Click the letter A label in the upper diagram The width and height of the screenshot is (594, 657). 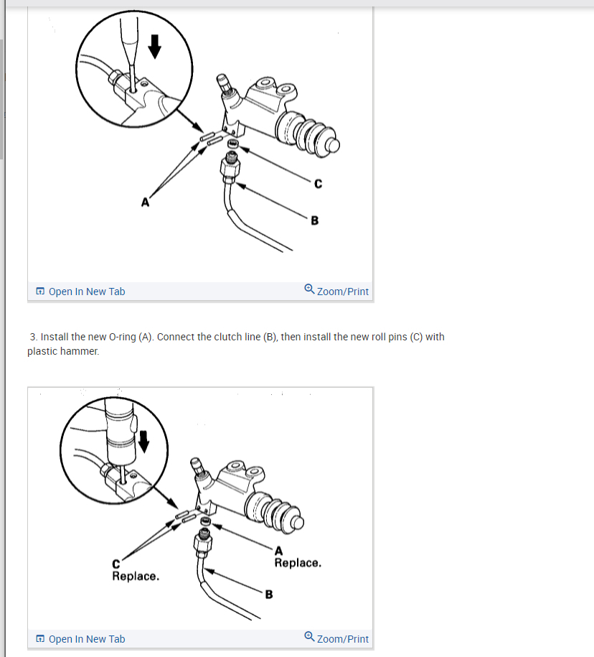click(145, 202)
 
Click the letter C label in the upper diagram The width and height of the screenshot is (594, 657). click(318, 184)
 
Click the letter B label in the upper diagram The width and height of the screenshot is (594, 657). click(315, 220)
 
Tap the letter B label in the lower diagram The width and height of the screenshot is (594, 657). click(269, 595)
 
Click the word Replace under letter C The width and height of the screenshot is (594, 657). click(136, 577)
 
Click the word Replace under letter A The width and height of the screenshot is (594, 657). click(298, 563)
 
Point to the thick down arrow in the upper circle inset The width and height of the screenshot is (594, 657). click(155, 47)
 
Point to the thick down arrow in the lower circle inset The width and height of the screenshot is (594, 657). click(143, 442)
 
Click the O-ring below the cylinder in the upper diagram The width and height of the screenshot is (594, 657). click(233, 144)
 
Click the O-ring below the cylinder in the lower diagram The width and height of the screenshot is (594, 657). click(206, 521)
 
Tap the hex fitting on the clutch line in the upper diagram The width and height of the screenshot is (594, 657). click(230, 169)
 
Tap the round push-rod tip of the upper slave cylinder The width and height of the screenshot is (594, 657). click(333, 145)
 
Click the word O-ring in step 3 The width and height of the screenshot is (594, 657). click(122, 337)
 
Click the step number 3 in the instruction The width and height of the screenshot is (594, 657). click(34, 337)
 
